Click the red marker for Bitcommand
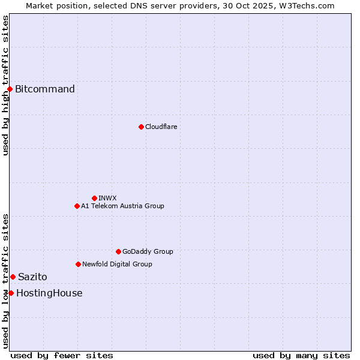10,89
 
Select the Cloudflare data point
141,127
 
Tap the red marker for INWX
94,198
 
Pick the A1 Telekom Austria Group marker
77,206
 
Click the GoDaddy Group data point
118,251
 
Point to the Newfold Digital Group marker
78,264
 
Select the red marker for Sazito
13,277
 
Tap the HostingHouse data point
11,293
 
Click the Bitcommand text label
45,89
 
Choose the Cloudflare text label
161,127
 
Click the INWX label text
107,198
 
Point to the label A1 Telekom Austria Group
122,206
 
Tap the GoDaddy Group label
148,251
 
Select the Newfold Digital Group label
117,264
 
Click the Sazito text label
32,277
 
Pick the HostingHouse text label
49,293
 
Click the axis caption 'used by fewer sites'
62,355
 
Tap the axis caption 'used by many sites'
301,355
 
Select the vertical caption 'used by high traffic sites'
5,85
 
